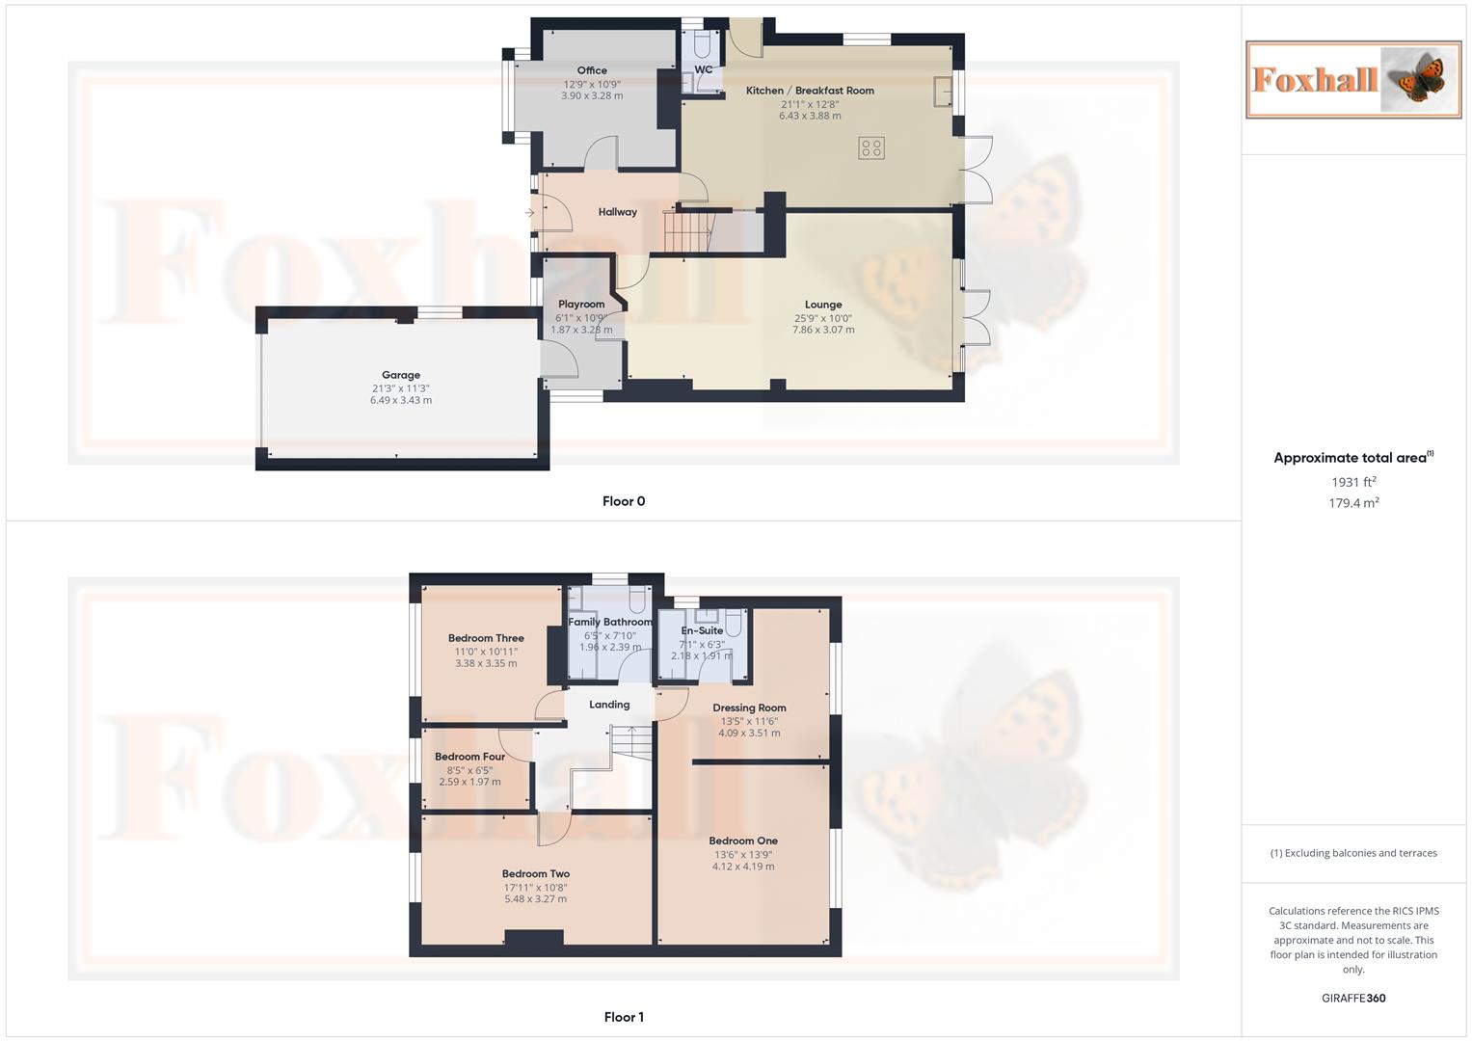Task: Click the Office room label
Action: click(592, 70)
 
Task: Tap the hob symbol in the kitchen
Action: click(870, 147)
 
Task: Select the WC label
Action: click(704, 69)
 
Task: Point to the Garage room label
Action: click(401, 375)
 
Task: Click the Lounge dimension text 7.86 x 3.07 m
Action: click(823, 330)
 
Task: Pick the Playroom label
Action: click(581, 305)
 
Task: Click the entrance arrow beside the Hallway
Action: click(529, 212)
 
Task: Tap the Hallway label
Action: click(617, 212)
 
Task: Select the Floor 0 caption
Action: click(624, 501)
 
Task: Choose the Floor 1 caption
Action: click(624, 1017)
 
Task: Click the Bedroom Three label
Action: click(486, 638)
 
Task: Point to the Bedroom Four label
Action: click(469, 757)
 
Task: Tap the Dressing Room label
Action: click(749, 707)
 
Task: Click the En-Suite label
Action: click(702, 630)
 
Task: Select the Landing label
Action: click(609, 705)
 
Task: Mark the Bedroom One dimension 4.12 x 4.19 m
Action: click(743, 867)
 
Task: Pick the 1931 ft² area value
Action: click(1353, 482)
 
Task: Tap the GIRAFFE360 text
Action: click(1353, 999)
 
